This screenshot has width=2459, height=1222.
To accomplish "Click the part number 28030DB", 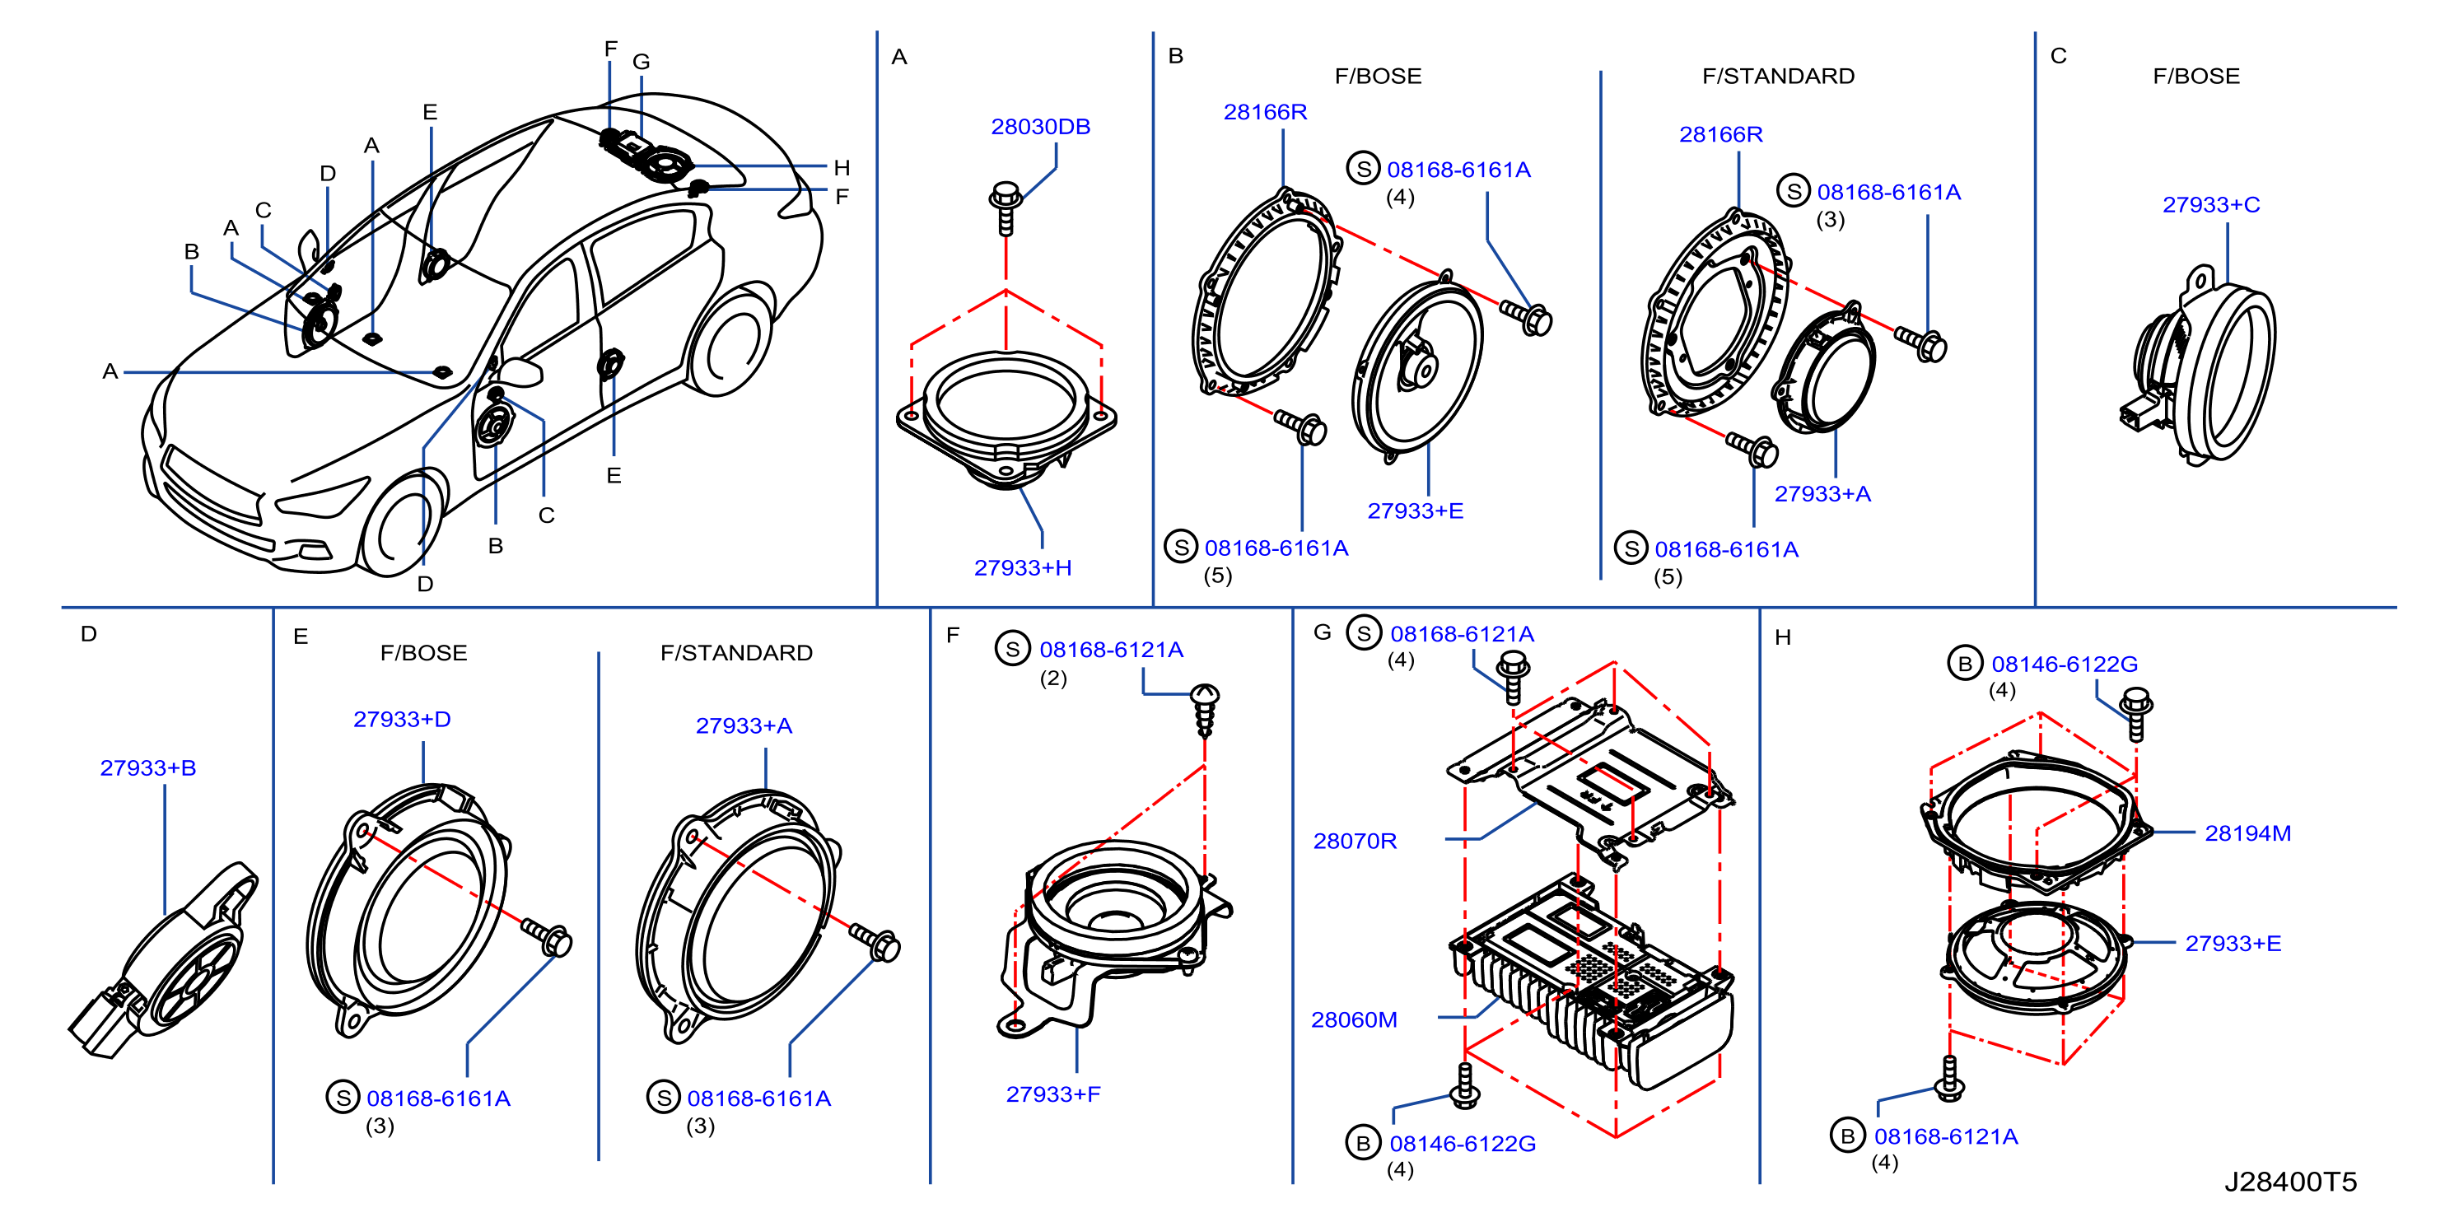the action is [x=1040, y=127].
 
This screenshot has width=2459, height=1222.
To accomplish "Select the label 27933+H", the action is [x=1022, y=568].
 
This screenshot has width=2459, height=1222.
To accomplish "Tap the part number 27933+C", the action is [x=2211, y=205].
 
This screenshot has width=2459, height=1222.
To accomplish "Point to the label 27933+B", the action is [x=148, y=768].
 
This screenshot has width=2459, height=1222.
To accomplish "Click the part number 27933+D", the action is [x=402, y=720].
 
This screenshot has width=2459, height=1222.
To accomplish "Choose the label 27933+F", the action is [x=1053, y=1095].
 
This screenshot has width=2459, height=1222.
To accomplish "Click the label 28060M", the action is [x=1354, y=1020].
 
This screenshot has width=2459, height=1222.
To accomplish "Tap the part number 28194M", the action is [x=2247, y=834].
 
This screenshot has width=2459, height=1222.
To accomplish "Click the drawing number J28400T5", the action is [x=2290, y=1182].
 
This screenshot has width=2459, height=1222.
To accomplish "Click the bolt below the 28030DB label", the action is [x=1006, y=208].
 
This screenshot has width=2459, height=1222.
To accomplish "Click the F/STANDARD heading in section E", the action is [x=736, y=653].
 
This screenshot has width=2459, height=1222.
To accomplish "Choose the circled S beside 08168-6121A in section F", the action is [x=1012, y=649].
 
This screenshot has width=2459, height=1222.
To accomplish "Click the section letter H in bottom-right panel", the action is [x=1782, y=637].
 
